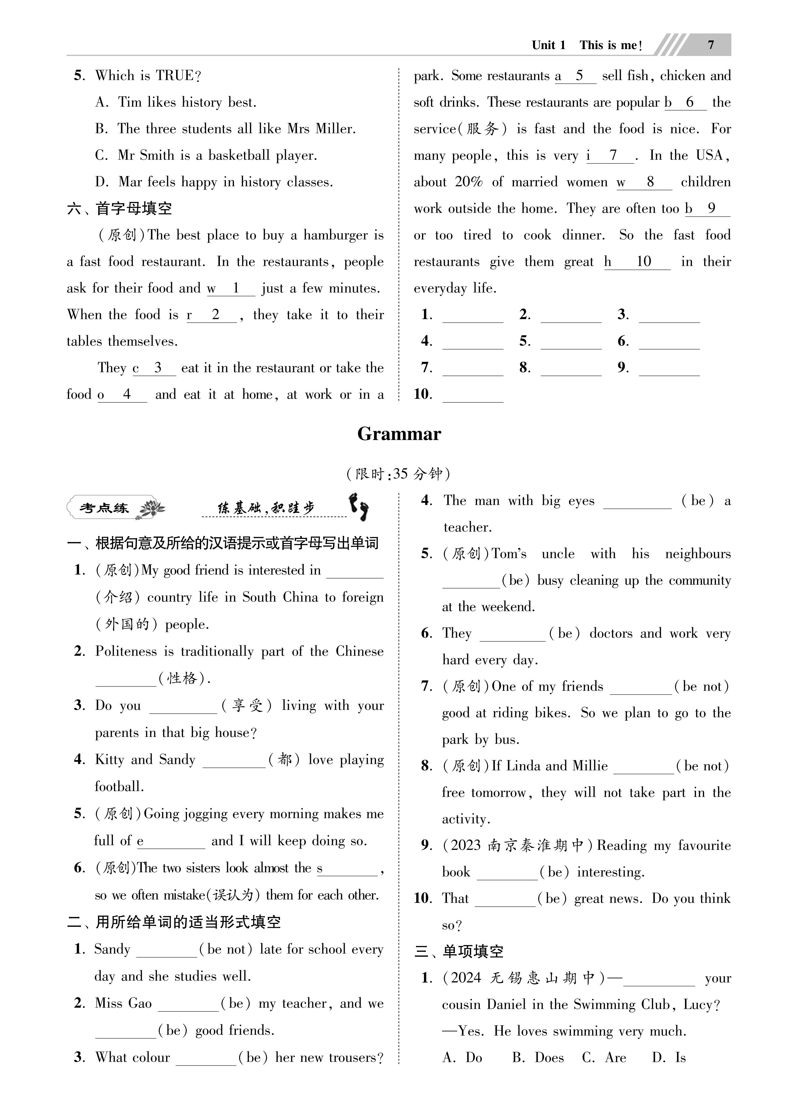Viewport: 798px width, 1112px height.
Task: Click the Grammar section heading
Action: click(399, 434)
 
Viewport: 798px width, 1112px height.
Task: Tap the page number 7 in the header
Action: click(711, 45)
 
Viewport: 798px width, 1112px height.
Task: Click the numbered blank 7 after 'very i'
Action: click(612, 156)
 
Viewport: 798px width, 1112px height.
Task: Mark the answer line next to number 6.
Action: click(669, 342)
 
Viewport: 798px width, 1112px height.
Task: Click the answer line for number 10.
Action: click(473, 395)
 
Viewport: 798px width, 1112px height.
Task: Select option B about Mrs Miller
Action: click(225, 129)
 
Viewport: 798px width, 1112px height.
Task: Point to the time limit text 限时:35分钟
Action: click(398, 474)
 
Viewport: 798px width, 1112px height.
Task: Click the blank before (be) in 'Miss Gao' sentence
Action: click(188, 1004)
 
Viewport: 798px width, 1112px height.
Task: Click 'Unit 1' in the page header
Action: click(548, 45)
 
